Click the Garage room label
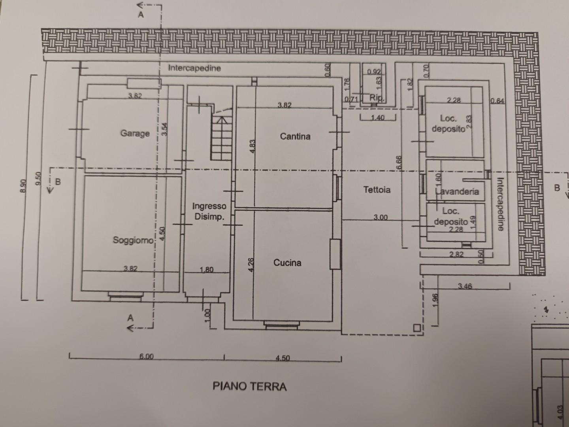click(x=135, y=134)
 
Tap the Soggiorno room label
click(x=133, y=240)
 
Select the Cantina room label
click(x=295, y=136)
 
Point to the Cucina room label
click(x=287, y=263)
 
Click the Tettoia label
click(x=377, y=190)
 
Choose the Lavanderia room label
click(x=457, y=192)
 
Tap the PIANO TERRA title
click(x=250, y=387)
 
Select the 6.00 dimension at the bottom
click(x=147, y=357)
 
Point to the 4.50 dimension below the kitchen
click(x=283, y=358)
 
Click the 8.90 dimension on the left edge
click(x=23, y=186)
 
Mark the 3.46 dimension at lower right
click(x=465, y=286)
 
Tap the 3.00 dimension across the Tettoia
click(x=381, y=217)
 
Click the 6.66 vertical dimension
click(x=399, y=162)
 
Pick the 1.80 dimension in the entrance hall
click(x=207, y=270)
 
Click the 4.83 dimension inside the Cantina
click(x=253, y=146)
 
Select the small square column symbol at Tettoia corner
click(x=416, y=328)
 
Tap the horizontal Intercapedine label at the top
click(x=194, y=68)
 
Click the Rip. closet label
click(x=377, y=98)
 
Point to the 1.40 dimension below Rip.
click(x=378, y=118)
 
